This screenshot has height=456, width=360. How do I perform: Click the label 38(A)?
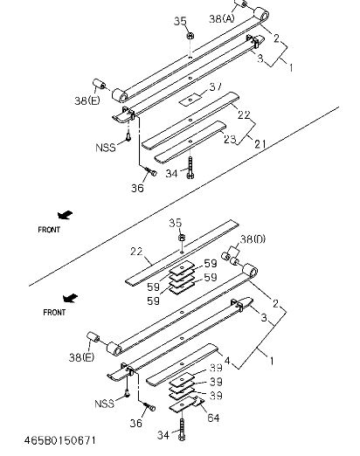222,19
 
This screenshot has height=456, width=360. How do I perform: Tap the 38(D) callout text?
253,239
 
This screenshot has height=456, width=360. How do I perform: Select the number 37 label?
215,86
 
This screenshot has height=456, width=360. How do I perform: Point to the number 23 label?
230,139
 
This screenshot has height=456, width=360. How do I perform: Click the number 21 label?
260,144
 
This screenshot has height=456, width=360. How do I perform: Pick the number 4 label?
227,361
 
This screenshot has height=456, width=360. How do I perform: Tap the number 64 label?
213,418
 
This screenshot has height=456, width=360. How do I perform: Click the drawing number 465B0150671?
59,440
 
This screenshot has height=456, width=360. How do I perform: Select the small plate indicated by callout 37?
190,100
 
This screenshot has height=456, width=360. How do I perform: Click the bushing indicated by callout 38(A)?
240,4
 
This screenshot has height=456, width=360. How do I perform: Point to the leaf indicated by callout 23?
190,142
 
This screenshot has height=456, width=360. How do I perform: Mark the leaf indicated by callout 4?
182,364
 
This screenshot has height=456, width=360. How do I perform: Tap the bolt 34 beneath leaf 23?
190,168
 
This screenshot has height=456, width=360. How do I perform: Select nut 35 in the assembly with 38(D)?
181,238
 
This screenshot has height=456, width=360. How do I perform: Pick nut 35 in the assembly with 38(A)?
190,36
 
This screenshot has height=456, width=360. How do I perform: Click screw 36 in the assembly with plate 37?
151,171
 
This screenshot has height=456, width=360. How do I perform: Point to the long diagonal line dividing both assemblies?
184,197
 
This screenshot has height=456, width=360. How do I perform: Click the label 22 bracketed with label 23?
244,114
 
